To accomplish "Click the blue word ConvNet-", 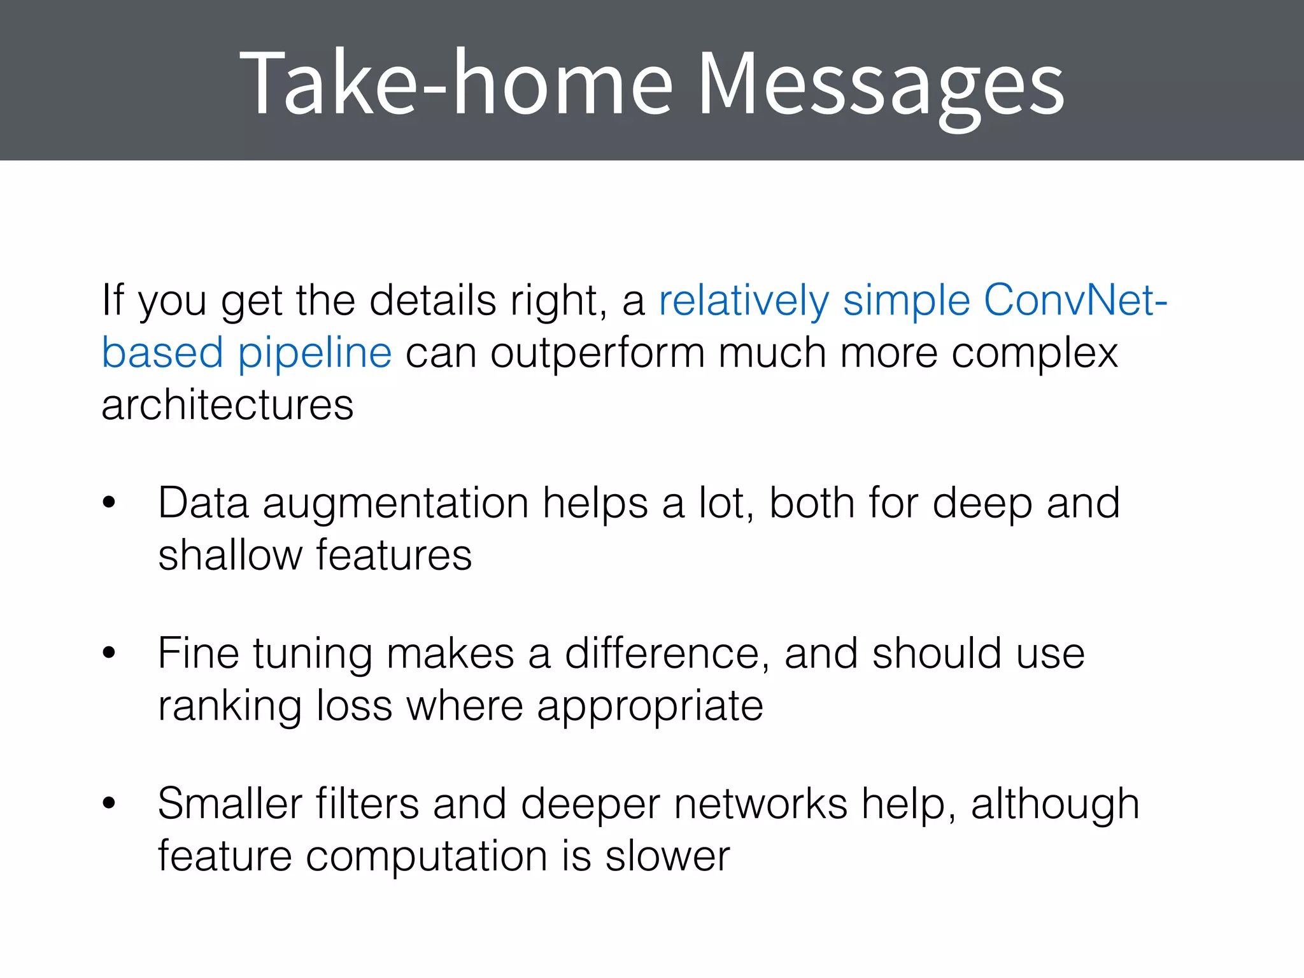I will point(1075,300).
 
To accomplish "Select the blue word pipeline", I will point(315,353).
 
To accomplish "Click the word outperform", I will point(597,353).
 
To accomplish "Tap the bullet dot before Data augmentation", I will point(109,503).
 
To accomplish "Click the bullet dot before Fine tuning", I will point(109,653).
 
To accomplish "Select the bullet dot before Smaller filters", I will point(109,804).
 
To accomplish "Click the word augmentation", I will point(395,504).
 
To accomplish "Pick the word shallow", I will point(230,555).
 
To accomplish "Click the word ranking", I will point(230,707).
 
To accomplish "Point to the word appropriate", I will point(649,707).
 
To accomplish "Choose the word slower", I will point(667,856).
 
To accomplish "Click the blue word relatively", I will point(744,300).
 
